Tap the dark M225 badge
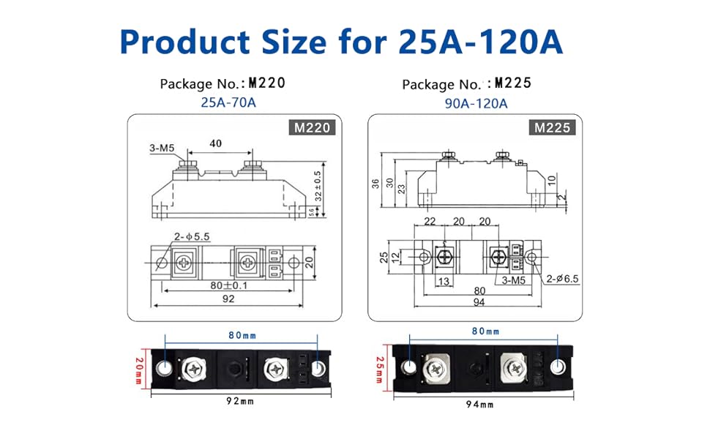pyautogui.click(x=552, y=128)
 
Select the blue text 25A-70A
pyautogui.click(x=228, y=102)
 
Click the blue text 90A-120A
pyautogui.click(x=476, y=102)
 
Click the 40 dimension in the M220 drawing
pyautogui.click(x=215, y=144)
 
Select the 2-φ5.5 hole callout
pyautogui.click(x=193, y=236)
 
